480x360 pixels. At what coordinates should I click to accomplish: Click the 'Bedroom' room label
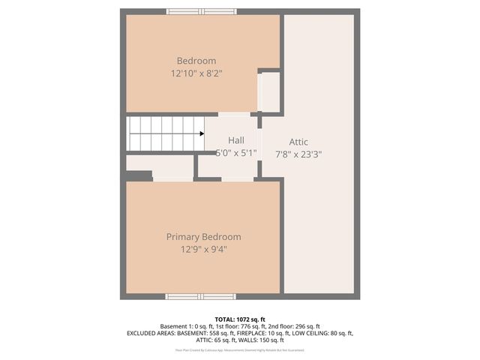click(196, 61)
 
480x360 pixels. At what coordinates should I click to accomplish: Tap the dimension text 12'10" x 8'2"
click(196, 73)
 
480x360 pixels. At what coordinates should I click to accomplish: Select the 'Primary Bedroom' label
click(203, 236)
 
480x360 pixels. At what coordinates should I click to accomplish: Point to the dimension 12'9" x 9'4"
click(203, 249)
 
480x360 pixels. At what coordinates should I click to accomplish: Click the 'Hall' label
click(236, 140)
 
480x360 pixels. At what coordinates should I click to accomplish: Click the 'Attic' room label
click(298, 142)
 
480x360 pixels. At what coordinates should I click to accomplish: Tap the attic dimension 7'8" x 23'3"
click(298, 154)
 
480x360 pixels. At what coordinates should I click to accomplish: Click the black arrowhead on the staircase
click(202, 133)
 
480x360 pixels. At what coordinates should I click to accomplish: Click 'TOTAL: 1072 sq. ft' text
click(239, 318)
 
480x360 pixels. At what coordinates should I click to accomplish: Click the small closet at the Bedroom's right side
click(269, 92)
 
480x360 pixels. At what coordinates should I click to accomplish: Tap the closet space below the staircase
click(160, 163)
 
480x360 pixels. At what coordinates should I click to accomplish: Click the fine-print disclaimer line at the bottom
click(239, 349)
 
